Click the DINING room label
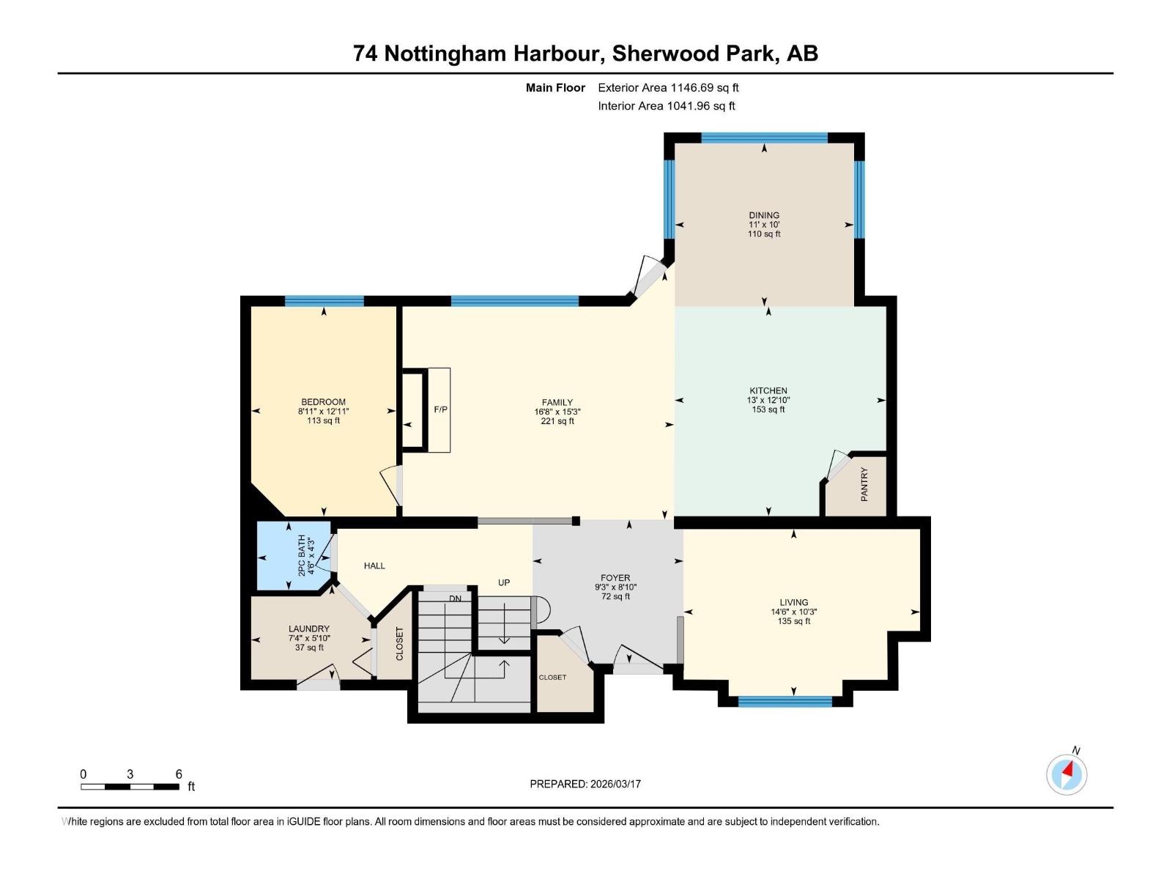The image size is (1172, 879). [764, 215]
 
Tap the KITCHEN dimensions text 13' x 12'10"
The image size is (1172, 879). [768, 401]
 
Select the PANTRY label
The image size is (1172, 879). [864, 484]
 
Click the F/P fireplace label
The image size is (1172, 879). [440, 409]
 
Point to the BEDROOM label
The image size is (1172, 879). [323, 402]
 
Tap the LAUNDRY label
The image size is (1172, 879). [308, 628]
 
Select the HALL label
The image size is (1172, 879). [374, 566]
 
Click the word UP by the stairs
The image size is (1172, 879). [504, 583]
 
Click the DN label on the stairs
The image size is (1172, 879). [455, 598]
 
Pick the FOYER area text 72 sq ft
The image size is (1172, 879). [615, 597]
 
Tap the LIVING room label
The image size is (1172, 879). [793, 602]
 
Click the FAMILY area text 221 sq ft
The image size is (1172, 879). [557, 421]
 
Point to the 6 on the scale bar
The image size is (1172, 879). [179, 774]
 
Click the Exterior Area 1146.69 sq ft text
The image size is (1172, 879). [668, 88]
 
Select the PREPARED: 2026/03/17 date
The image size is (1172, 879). [585, 784]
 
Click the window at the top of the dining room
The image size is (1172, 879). [764, 137]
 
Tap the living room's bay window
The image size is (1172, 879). [785, 702]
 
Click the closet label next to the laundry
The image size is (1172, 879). [400, 644]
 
